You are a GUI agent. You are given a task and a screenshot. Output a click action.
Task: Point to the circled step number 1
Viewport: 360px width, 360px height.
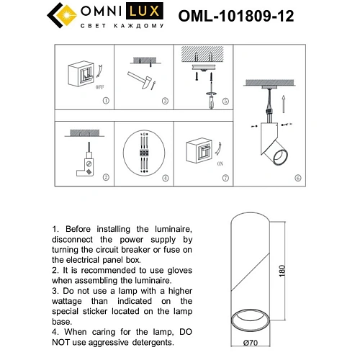106,102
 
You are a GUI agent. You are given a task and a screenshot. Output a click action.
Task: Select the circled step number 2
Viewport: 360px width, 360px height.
106,177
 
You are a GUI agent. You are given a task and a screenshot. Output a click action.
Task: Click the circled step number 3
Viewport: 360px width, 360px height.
165,102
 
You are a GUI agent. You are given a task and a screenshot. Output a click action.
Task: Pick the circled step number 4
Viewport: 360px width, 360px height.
165,177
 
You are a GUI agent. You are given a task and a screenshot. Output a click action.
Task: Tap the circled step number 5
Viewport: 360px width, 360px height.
224,102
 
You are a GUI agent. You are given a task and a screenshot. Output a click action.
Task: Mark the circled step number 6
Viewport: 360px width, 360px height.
298,177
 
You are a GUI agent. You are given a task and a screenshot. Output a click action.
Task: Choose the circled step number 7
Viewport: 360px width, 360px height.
224,177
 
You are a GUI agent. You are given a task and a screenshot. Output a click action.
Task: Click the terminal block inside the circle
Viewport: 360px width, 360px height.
145,153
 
